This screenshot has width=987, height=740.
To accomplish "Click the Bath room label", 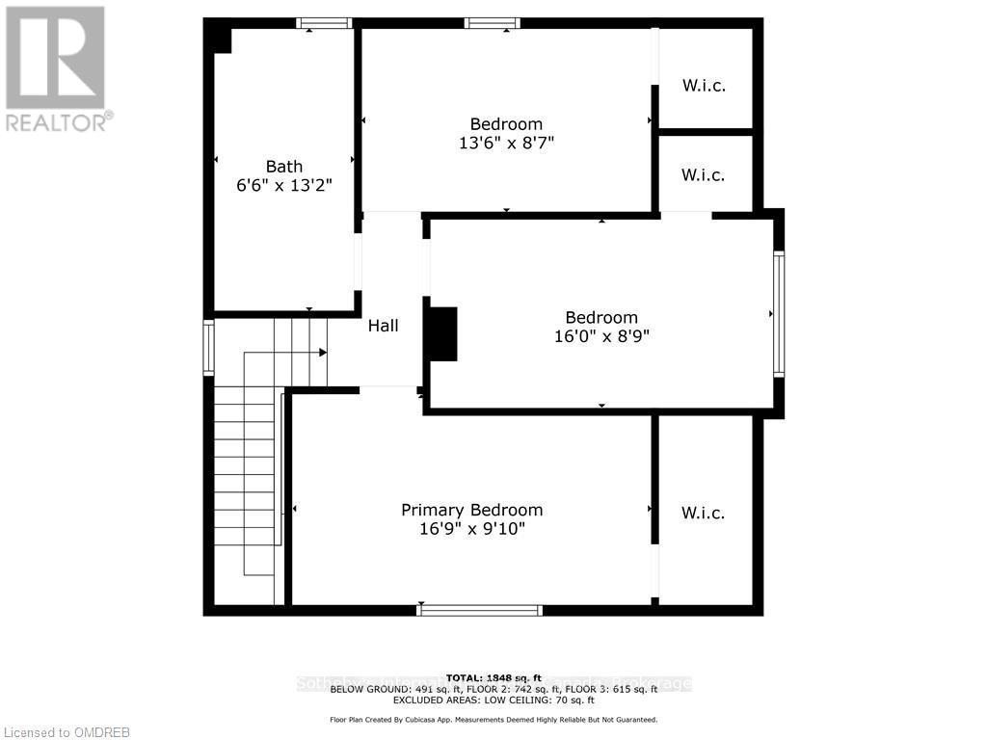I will point(284,167).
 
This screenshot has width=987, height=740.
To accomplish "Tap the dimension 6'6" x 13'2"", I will point(284,186).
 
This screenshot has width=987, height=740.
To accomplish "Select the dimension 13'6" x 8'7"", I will point(506,143).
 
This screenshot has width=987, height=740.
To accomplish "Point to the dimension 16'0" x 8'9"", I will point(601,336).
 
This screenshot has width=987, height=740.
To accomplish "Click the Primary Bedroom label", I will point(471,510).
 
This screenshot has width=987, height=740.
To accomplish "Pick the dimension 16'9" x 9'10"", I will point(471,529).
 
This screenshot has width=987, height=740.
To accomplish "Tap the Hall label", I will point(383,326).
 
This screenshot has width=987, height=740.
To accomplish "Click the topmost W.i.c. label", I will point(704,86).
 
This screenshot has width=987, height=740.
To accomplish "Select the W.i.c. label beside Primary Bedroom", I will point(704,513).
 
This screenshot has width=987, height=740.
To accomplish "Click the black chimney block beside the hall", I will point(441,334).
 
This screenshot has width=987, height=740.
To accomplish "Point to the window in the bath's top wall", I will point(323,23).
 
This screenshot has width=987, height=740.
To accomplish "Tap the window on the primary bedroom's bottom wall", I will point(479,610).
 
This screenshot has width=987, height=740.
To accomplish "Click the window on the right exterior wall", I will point(779,313).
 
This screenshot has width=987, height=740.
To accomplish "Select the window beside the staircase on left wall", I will point(208,348).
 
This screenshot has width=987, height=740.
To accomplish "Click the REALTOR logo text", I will point(58,122).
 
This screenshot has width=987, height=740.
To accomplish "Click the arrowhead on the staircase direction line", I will point(323,354).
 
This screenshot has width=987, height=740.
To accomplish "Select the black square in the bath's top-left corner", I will point(220,38).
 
